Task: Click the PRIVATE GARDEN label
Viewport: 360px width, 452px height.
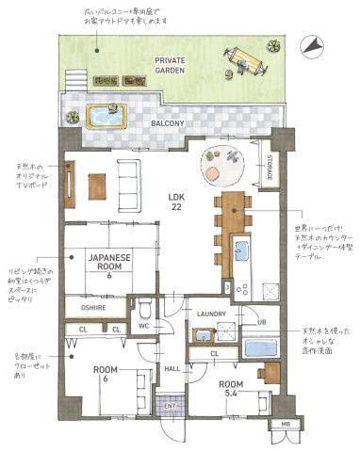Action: point(171,65)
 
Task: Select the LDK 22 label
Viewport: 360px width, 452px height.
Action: point(175,202)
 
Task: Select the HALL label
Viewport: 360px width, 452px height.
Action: point(173,368)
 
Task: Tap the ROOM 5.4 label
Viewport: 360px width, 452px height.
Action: point(231,390)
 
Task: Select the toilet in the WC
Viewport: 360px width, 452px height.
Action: point(143,309)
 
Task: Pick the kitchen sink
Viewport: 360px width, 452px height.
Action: point(240,253)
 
